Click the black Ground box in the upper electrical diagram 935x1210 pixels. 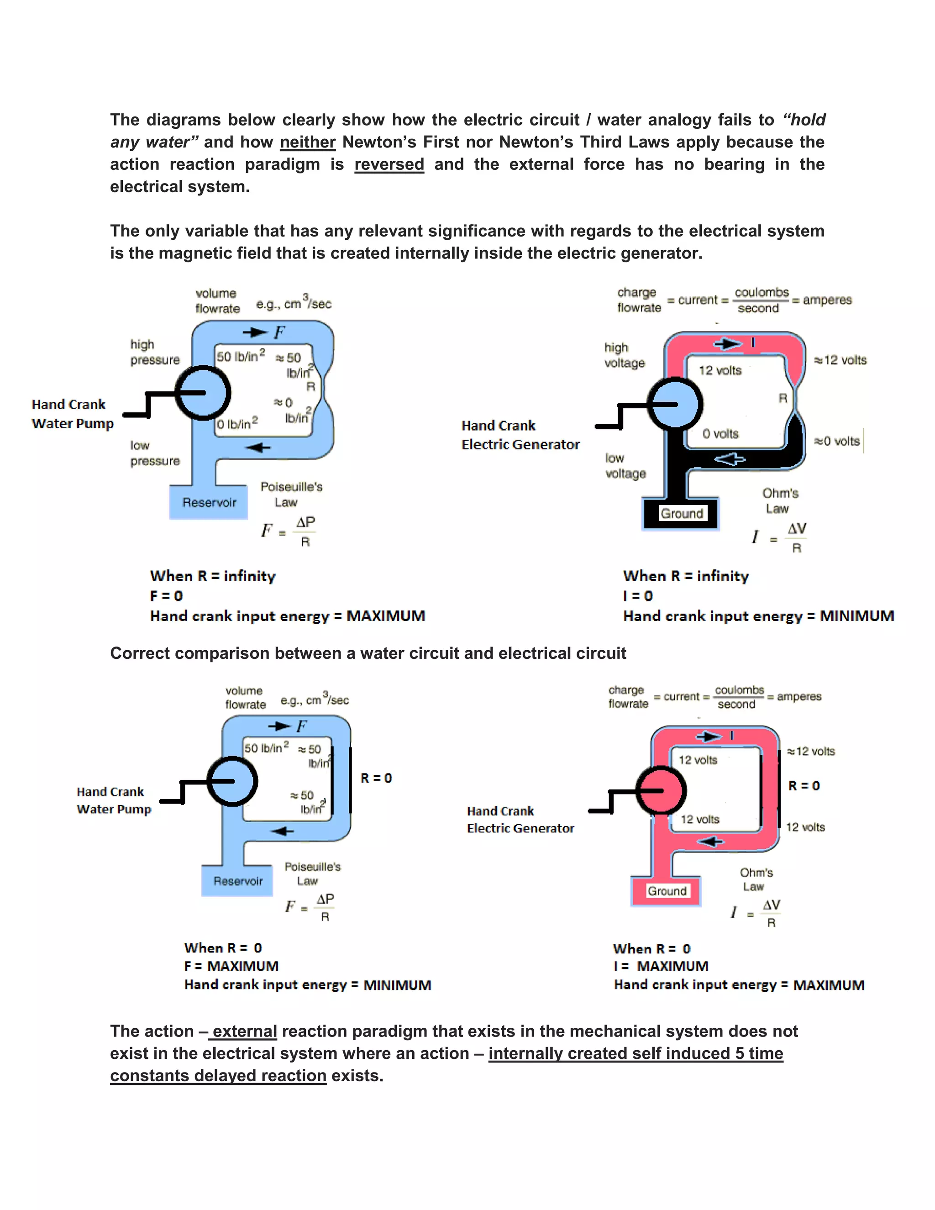pyautogui.click(x=681, y=514)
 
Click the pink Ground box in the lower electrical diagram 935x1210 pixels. pyautogui.click(x=667, y=891)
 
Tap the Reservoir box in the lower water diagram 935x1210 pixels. pyautogui.click(x=237, y=881)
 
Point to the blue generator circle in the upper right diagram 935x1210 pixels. pyautogui.click(x=675, y=404)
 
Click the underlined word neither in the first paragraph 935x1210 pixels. pyautogui.click(x=307, y=142)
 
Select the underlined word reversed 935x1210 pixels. pyautogui.click(x=389, y=164)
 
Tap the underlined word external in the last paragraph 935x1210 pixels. pyautogui.click(x=244, y=1031)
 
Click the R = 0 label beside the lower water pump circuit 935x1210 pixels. pyautogui.click(x=376, y=778)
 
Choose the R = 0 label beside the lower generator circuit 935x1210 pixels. pyautogui.click(x=804, y=786)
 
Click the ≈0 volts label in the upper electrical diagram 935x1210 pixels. pyautogui.click(x=836, y=442)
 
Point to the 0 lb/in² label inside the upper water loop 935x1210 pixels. pyautogui.click(x=237, y=424)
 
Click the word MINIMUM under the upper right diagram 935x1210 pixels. pyautogui.click(x=856, y=616)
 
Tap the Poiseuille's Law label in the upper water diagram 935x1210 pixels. pyautogui.click(x=291, y=494)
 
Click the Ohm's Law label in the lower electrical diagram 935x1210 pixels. pyautogui.click(x=756, y=879)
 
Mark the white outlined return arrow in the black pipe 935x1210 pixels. pyautogui.click(x=730, y=459)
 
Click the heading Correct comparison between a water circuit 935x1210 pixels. pyautogui.click(x=368, y=653)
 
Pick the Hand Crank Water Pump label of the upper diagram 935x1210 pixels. pyautogui.click(x=73, y=414)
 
